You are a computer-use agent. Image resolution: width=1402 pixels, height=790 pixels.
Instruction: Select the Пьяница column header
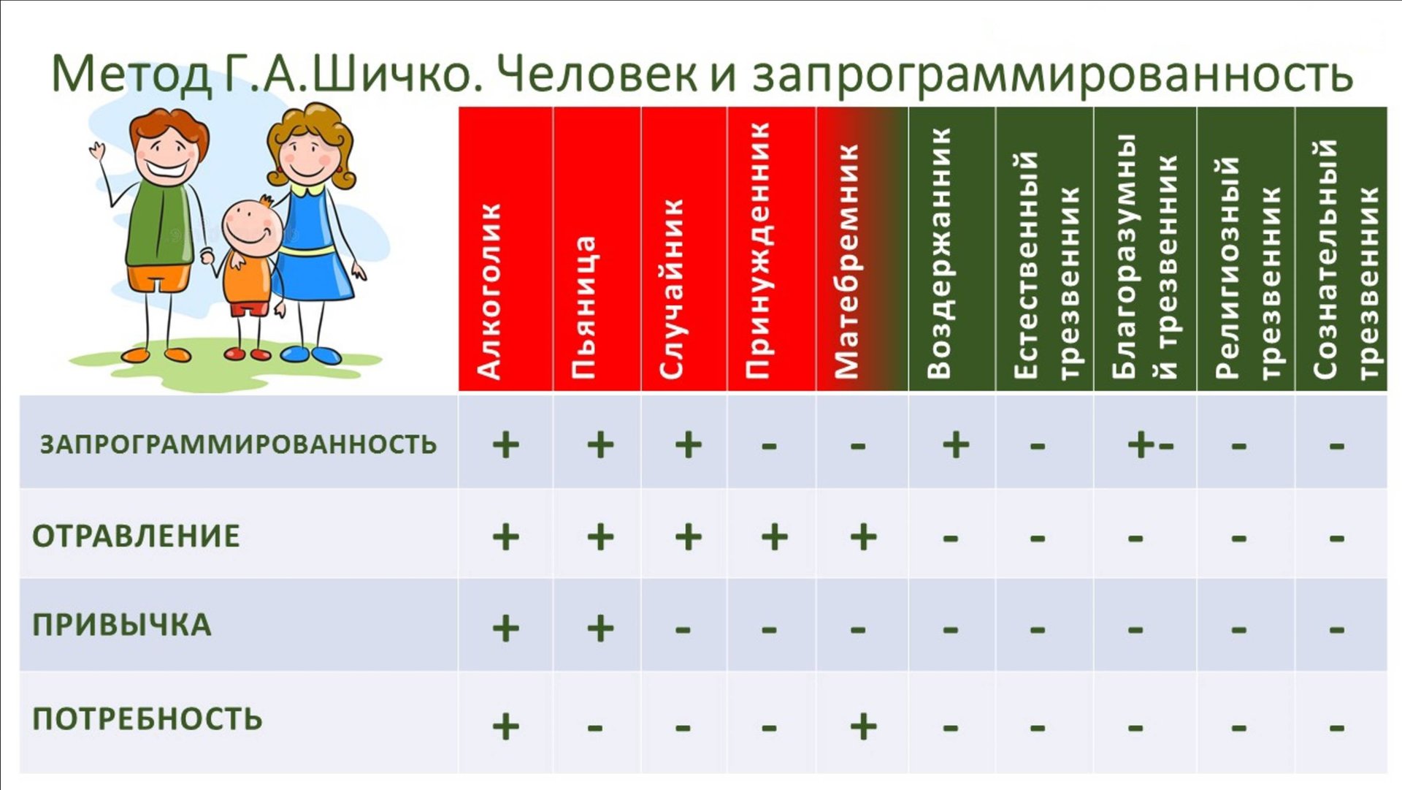[x=583, y=307]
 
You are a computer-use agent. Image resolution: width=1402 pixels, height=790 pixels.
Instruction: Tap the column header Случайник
[x=671, y=289]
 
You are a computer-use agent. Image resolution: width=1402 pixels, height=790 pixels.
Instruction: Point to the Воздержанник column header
[x=939, y=253]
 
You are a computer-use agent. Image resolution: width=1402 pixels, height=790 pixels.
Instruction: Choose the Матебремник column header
[x=846, y=262]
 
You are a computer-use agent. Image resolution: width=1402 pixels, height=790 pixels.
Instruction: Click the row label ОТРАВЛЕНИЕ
[x=136, y=536]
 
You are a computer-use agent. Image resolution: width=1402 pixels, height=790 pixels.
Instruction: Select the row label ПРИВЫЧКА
[x=122, y=626]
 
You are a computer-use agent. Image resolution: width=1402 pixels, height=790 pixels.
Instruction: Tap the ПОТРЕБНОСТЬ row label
[x=148, y=719]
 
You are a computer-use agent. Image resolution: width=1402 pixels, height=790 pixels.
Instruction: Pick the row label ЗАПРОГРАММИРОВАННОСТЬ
[x=238, y=444]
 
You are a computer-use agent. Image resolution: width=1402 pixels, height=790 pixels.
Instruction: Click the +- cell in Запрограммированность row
[x=1150, y=444]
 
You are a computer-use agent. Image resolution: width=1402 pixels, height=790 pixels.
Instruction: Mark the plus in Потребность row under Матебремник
[x=863, y=726]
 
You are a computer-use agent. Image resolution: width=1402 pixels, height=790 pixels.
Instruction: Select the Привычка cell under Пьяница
[x=600, y=628]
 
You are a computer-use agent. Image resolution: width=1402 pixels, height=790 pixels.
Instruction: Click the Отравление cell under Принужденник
[x=775, y=538]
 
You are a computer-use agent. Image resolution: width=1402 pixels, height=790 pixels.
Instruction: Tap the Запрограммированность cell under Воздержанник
[x=955, y=444]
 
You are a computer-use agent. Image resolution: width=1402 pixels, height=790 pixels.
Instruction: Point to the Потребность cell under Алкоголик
[x=505, y=726]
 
